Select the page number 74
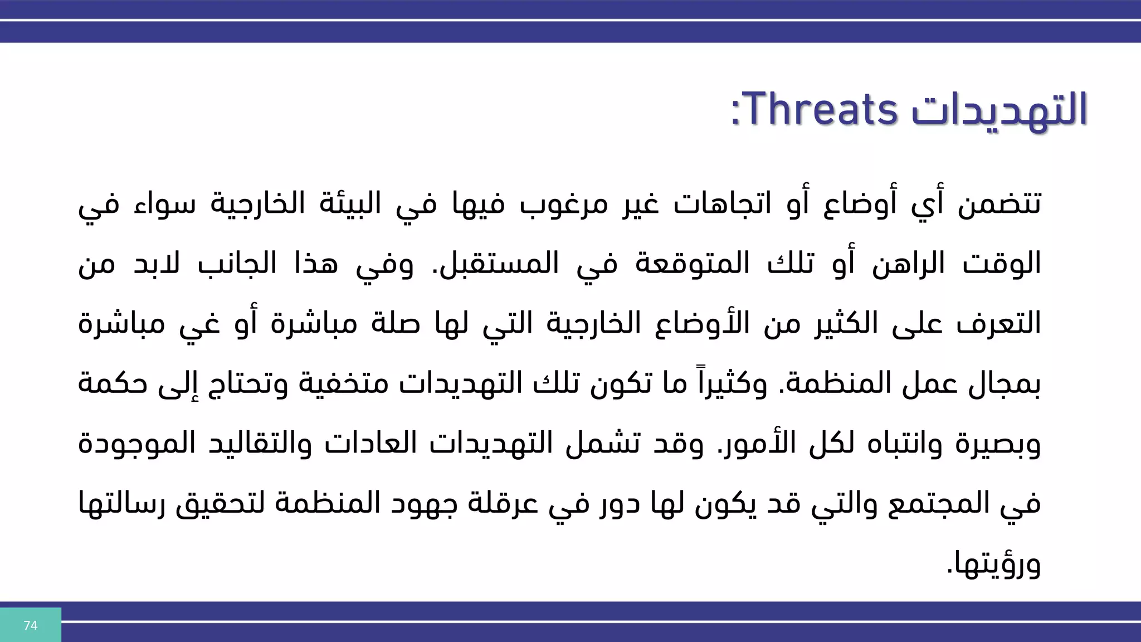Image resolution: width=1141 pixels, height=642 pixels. click(31, 625)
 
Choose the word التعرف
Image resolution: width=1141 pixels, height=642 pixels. click(998, 323)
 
